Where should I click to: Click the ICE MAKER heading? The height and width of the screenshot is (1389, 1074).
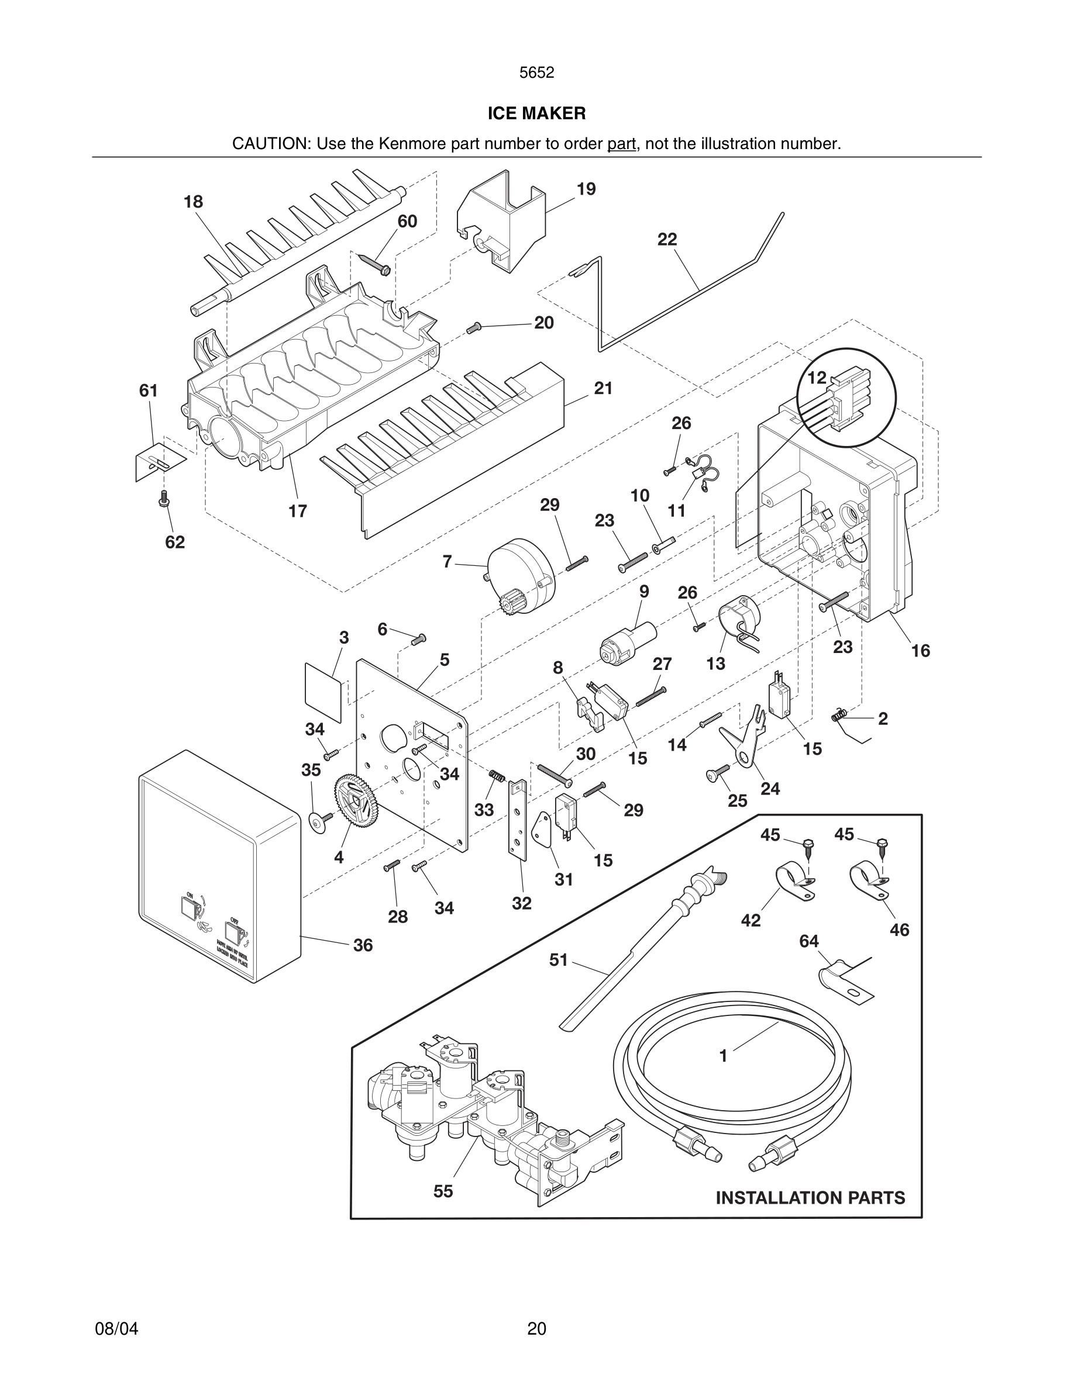coord(536,113)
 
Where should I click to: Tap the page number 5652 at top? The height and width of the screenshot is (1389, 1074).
coord(536,72)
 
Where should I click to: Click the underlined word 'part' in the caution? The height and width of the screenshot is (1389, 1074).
coord(621,144)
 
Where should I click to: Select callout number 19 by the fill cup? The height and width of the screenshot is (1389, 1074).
coord(586,189)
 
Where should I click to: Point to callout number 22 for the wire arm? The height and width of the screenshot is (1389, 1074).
coord(667,240)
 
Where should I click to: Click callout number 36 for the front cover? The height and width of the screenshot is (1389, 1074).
coord(363,945)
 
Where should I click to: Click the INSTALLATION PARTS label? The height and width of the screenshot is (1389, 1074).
coord(810,1198)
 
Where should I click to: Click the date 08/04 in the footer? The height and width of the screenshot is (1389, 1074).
coord(116,1329)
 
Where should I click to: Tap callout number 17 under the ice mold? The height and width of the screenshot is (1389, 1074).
coord(297,511)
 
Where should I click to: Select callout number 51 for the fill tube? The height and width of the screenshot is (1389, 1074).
coord(559,960)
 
